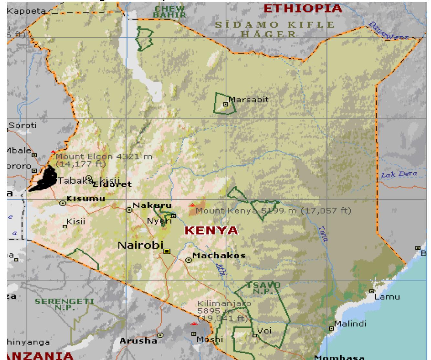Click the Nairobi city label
point(140,245)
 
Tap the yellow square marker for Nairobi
point(167,251)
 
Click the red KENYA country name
point(211,231)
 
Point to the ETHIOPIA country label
point(303,8)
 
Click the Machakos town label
point(219,255)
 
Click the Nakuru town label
point(152,205)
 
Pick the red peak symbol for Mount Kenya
point(193,205)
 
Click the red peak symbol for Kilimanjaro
point(194,323)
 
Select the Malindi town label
point(350,323)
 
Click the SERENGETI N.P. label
point(64,304)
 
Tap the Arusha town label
point(138,341)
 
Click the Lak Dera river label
point(399,175)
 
